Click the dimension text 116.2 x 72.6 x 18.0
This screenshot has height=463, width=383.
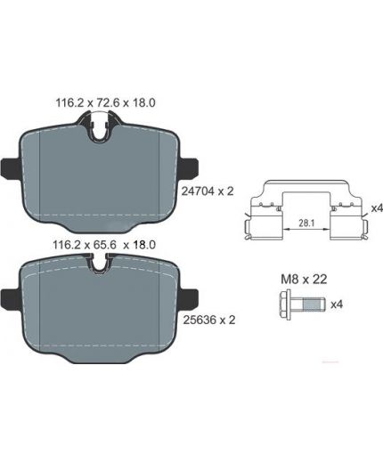(105, 103)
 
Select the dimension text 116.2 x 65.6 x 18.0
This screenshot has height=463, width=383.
(104, 245)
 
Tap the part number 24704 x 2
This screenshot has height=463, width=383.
(208, 191)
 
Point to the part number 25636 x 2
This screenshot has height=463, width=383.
(209, 320)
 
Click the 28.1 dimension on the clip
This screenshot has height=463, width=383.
(306, 223)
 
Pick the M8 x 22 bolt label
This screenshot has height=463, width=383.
(304, 280)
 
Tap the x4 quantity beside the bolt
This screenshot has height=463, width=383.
(337, 304)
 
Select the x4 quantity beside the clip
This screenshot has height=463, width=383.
(377, 208)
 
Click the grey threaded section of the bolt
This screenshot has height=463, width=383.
(314, 305)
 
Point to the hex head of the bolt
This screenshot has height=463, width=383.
(285, 305)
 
